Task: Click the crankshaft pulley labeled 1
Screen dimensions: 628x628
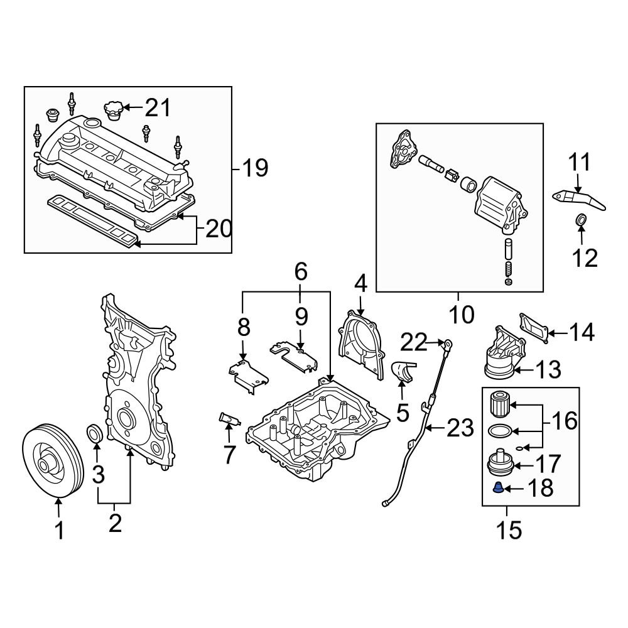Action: click(x=53, y=462)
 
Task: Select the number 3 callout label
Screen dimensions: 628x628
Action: click(x=99, y=475)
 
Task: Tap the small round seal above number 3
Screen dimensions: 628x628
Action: click(x=95, y=434)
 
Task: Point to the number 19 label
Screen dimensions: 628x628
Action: click(x=255, y=168)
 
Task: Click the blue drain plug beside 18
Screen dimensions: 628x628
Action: click(x=496, y=487)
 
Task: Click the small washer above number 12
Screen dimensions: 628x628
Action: click(x=582, y=220)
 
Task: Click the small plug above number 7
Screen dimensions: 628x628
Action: click(x=228, y=419)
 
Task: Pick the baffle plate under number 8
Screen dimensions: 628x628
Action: click(x=247, y=374)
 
